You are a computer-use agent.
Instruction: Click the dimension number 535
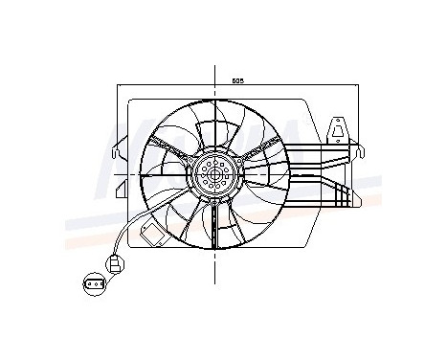pos(235,80)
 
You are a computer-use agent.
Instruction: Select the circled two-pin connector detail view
pos(95,283)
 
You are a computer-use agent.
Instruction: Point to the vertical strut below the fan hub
pos(214,230)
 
